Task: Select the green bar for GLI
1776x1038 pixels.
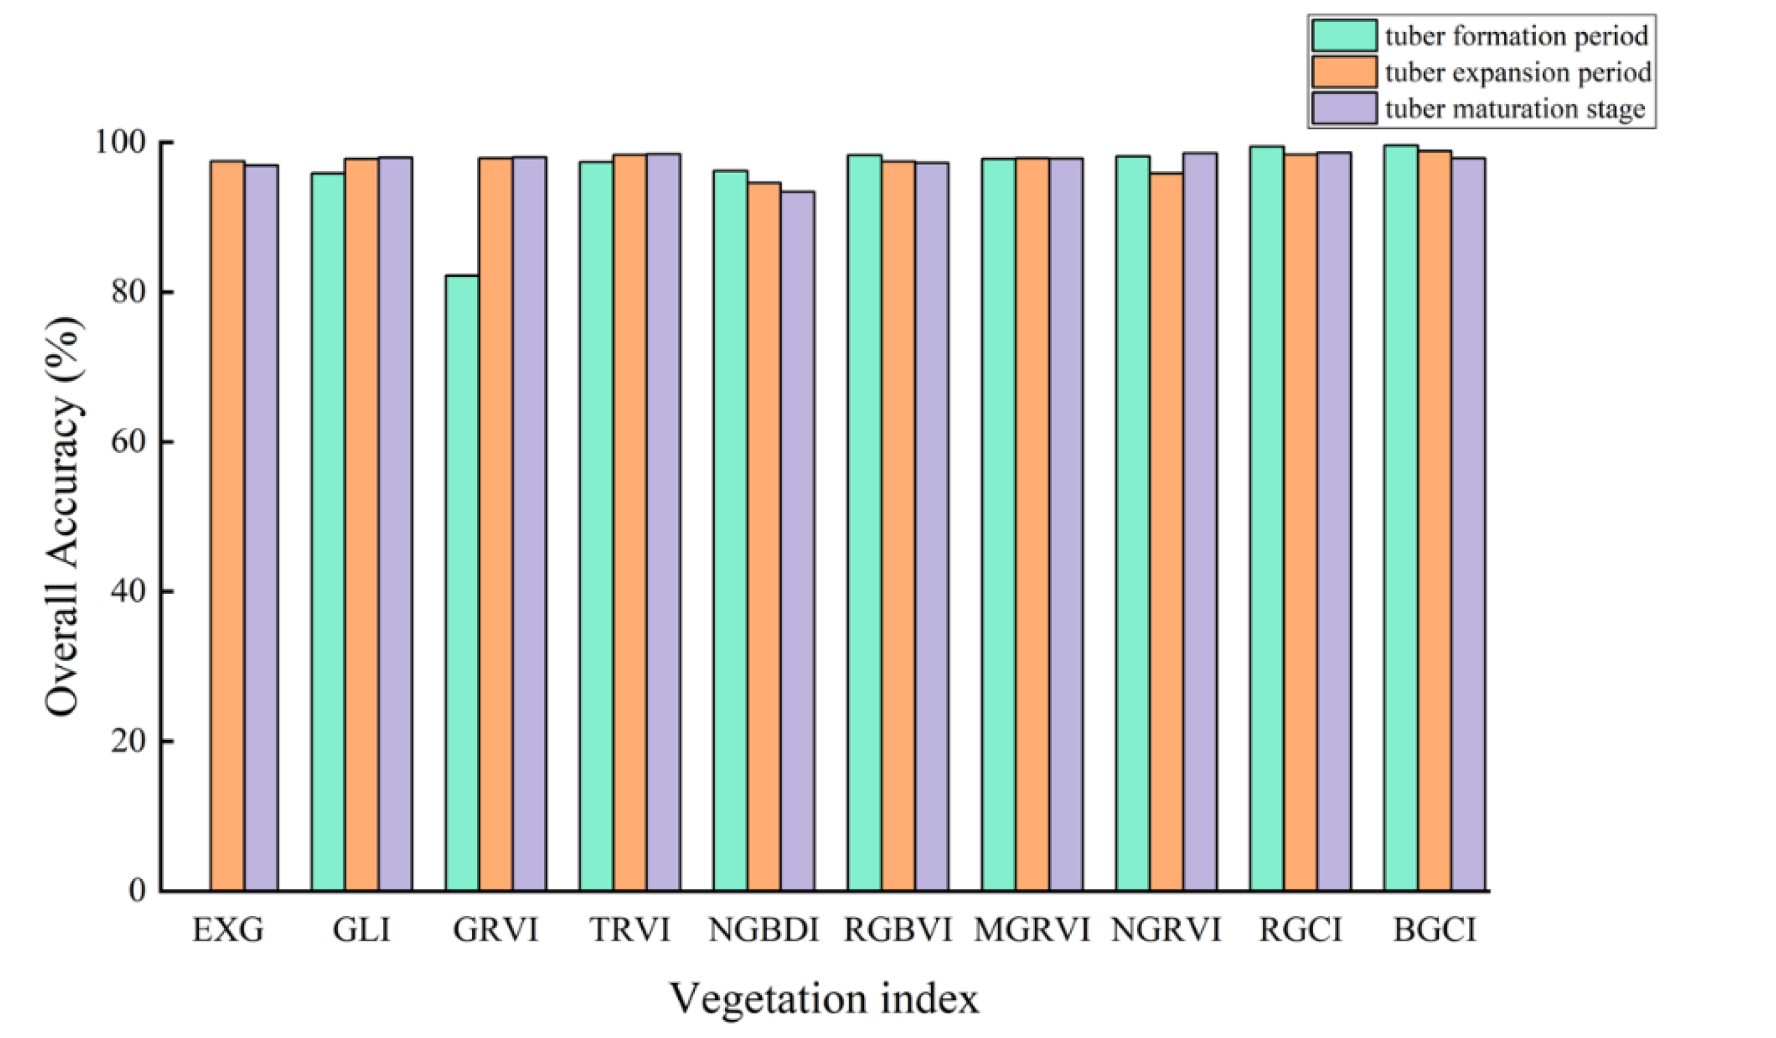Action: pos(328,532)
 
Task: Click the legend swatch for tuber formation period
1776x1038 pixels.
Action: pos(1343,35)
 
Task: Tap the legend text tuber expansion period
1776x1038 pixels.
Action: pos(1518,72)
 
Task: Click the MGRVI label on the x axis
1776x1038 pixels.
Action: pos(1032,930)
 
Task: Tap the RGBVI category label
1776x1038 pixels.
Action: pos(898,930)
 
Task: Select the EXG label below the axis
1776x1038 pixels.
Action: pos(228,930)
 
